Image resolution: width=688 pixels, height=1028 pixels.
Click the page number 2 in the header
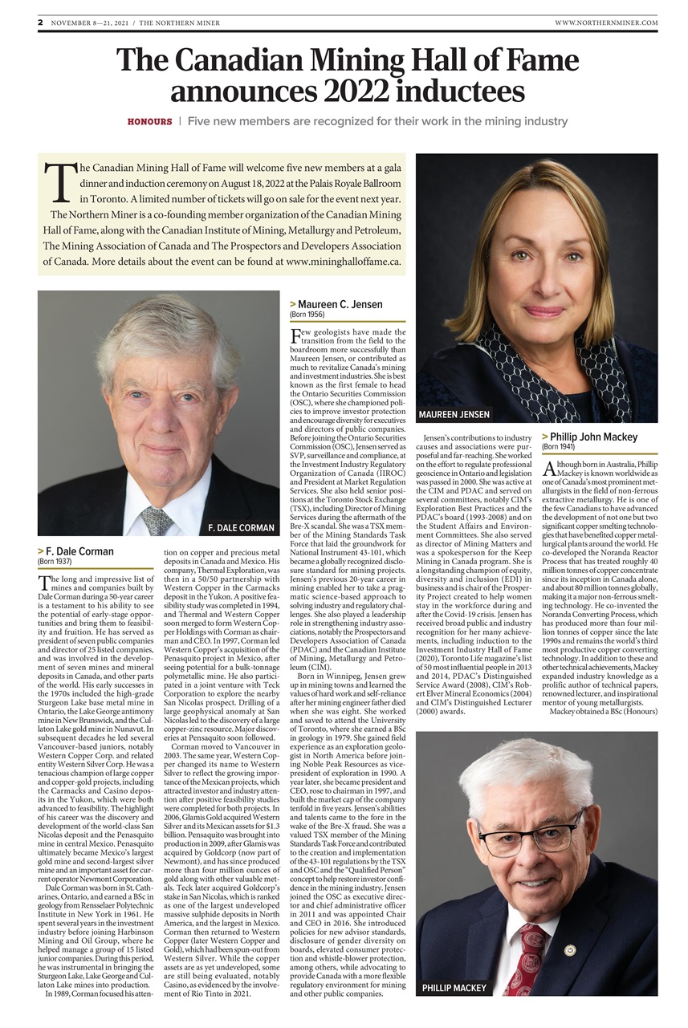(x=40, y=22)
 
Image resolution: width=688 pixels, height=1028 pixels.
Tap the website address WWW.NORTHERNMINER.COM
(x=606, y=22)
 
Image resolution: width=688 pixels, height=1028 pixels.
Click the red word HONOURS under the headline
(x=149, y=121)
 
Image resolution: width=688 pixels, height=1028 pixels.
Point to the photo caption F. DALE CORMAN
(x=241, y=527)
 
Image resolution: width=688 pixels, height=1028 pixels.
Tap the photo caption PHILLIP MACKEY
(x=454, y=988)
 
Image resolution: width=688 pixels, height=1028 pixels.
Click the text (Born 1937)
(x=55, y=562)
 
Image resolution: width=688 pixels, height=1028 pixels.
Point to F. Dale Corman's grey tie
(x=157, y=519)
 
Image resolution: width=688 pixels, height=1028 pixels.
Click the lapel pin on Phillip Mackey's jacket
(x=570, y=950)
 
